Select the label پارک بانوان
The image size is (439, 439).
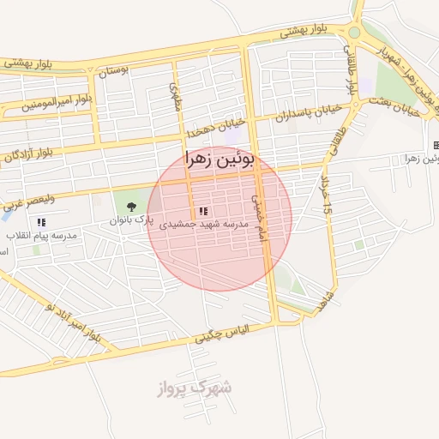point(132,220)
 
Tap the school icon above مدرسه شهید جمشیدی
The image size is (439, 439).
point(202,211)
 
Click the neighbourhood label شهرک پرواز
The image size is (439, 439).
point(195,388)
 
